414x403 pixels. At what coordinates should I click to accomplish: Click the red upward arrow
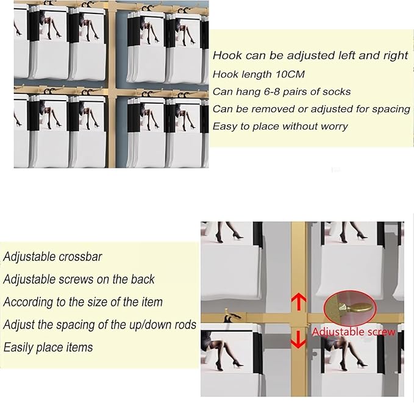click(299, 302)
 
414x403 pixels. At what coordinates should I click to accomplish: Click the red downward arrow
click(298, 339)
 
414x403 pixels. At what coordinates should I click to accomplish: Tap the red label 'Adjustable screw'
click(354, 332)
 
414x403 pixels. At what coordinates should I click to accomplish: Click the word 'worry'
click(334, 126)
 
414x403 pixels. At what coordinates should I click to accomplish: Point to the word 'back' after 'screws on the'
click(143, 279)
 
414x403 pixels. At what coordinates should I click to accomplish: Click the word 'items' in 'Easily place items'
click(79, 348)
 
